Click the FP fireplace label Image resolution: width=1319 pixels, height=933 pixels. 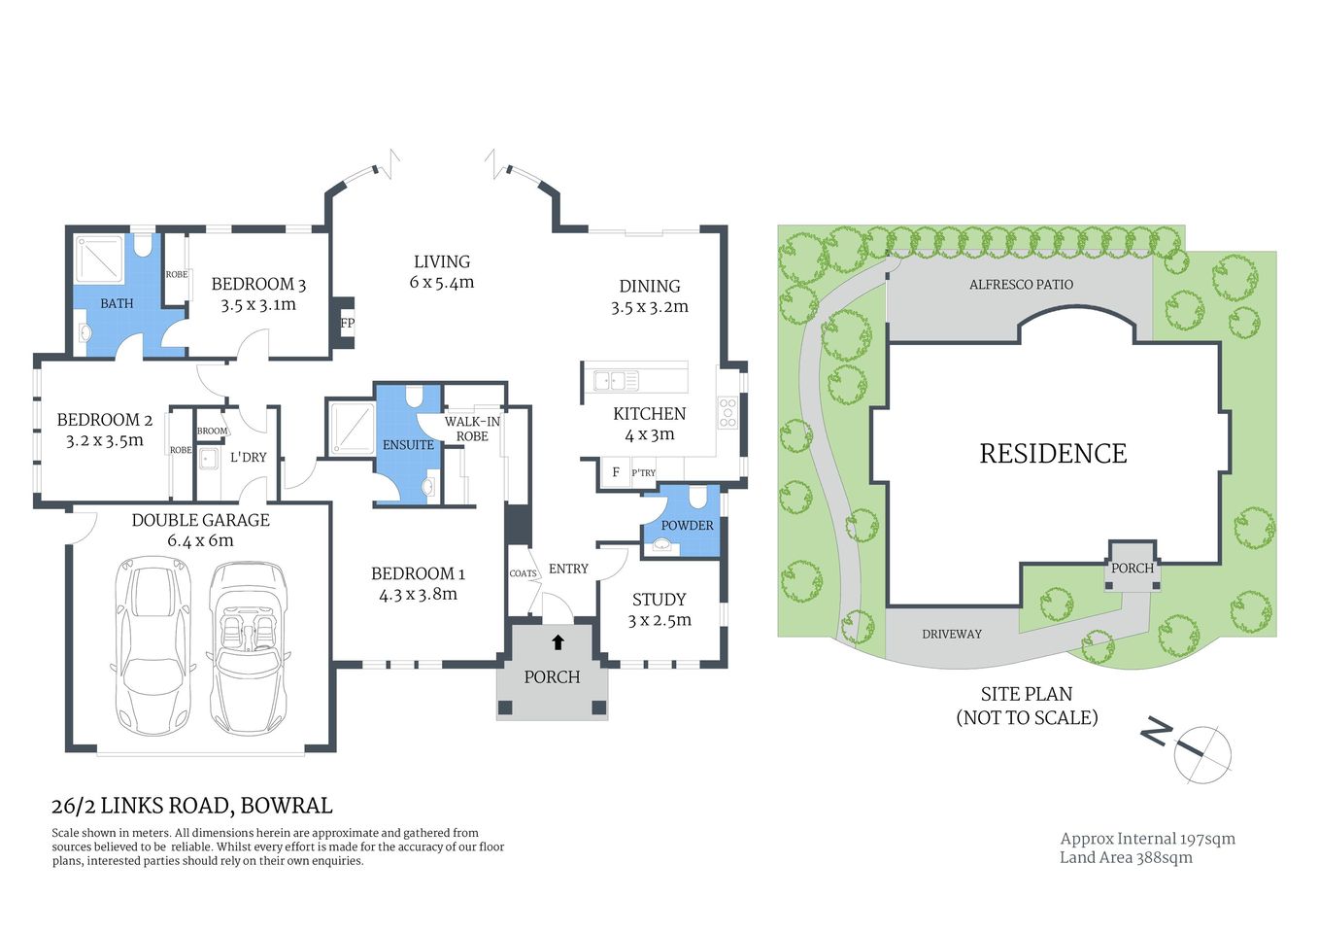[x=347, y=324]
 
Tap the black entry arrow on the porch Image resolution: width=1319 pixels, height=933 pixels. [x=558, y=642]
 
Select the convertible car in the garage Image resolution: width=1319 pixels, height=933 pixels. [x=249, y=647]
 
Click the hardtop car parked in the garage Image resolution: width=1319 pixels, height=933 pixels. [x=154, y=645]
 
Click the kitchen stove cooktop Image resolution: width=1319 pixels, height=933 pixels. [x=727, y=413]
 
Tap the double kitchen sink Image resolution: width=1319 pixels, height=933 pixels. [x=616, y=380]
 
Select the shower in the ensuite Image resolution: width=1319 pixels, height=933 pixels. [x=351, y=428]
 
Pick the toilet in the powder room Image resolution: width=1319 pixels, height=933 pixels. [x=697, y=499]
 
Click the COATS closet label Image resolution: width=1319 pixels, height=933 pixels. [x=523, y=573]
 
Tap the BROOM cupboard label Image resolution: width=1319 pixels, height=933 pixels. [x=212, y=431]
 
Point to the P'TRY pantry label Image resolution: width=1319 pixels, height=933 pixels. [x=643, y=473]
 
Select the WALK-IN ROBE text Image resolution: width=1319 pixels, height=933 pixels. [x=472, y=429]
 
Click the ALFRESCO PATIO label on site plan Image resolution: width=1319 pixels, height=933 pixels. [x=1021, y=285]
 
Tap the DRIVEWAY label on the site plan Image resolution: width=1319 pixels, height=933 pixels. [x=951, y=634]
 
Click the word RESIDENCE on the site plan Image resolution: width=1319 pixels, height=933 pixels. [x=1053, y=454]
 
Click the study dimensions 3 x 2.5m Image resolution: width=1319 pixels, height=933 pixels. [x=659, y=620]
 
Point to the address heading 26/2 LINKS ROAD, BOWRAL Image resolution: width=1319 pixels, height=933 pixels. [x=191, y=806]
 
